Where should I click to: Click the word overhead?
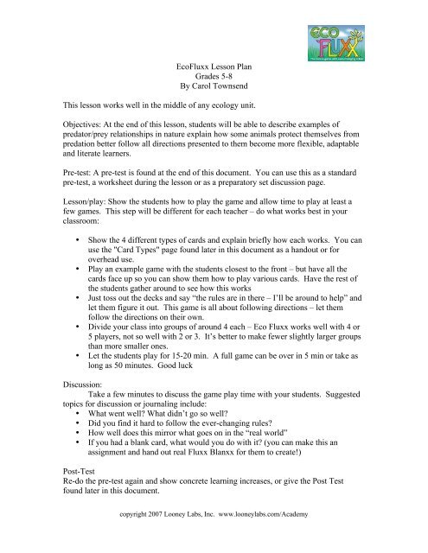(x=112, y=279)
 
